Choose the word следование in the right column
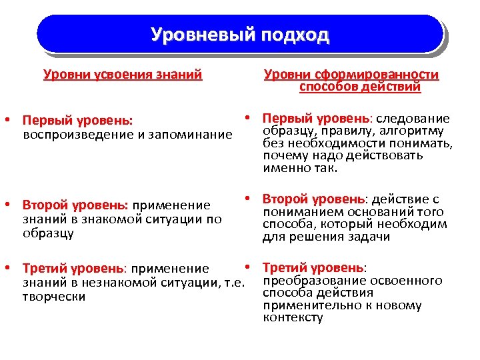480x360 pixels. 414,119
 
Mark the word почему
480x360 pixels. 285,155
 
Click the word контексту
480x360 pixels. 293,317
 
